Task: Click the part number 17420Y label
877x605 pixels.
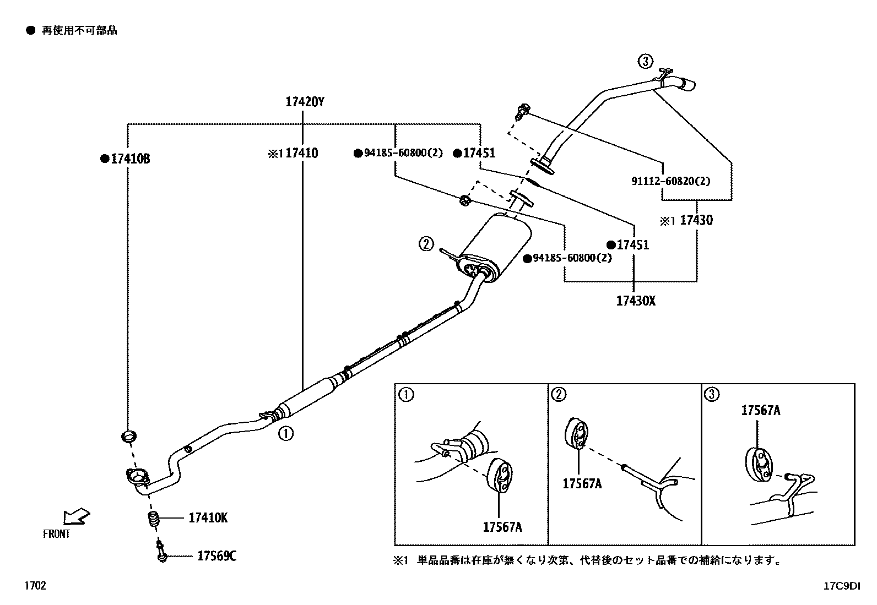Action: click(305, 101)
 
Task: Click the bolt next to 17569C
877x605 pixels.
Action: click(161, 552)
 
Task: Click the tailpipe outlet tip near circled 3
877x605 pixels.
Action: click(687, 84)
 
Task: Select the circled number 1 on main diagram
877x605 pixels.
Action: click(285, 433)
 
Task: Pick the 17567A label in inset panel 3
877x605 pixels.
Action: click(760, 410)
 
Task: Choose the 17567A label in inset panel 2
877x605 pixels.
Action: click(582, 484)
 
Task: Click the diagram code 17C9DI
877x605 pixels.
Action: click(841, 586)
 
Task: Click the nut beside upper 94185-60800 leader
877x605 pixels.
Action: click(465, 200)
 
